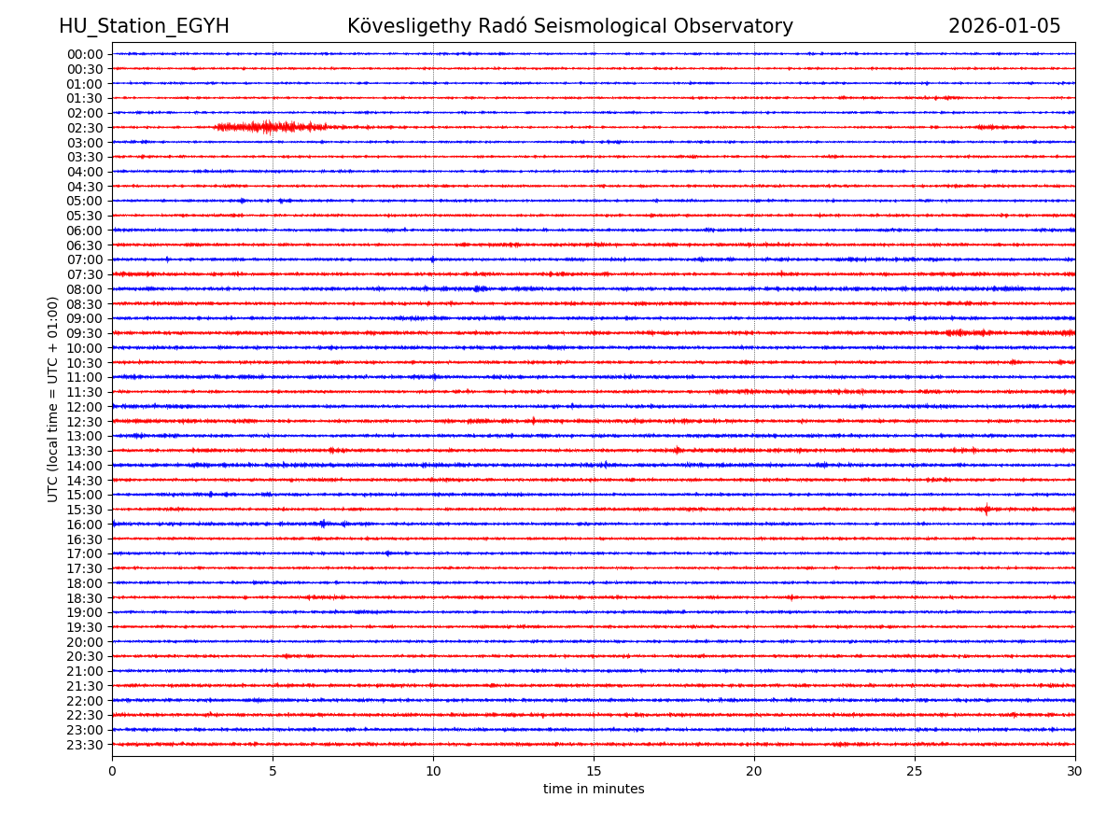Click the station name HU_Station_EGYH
(x=144, y=27)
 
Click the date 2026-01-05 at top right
(x=1004, y=27)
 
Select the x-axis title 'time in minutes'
(x=594, y=790)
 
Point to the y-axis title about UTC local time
(x=53, y=399)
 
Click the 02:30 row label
(x=85, y=128)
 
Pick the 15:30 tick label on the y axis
(x=85, y=510)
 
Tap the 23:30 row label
(x=85, y=745)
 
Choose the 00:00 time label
(x=85, y=54)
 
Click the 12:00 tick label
(x=85, y=407)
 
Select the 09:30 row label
(x=85, y=333)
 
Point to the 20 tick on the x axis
(x=754, y=772)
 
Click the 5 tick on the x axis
(x=273, y=772)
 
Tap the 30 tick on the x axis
(x=1075, y=772)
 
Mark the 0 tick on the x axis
(x=112, y=772)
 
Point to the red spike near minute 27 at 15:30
(x=987, y=509)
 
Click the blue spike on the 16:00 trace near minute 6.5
(x=323, y=524)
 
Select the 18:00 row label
(x=85, y=583)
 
